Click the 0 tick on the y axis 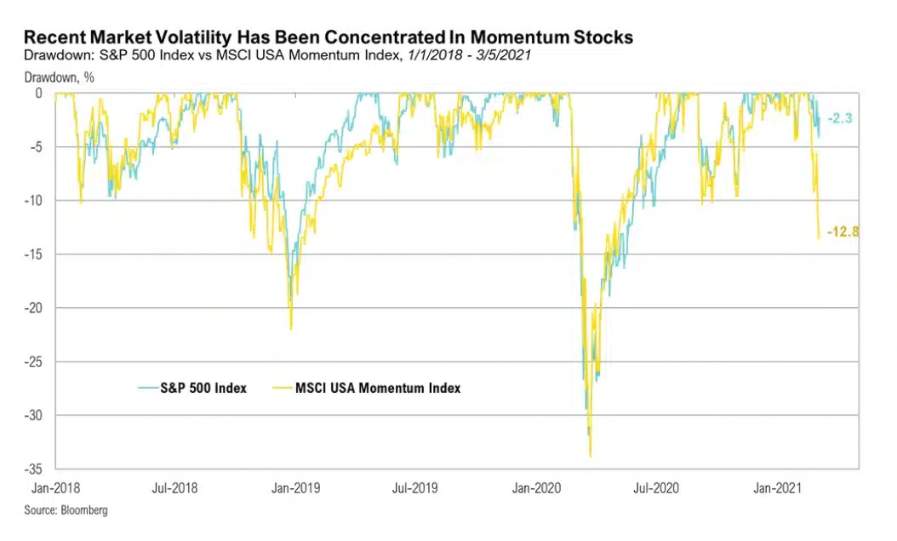coord(41,93)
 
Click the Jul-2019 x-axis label coord(415,488)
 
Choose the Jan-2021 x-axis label coord(776,488)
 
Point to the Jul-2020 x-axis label coord(656,488)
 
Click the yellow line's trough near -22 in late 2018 coord(291,328)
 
